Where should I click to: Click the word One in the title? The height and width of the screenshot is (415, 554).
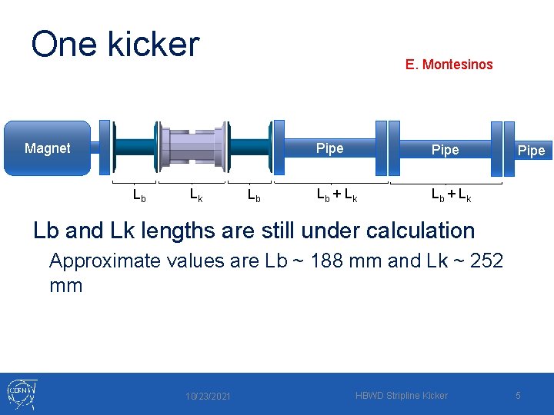coord(62,45)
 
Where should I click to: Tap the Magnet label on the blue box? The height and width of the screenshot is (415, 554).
coord(47,148)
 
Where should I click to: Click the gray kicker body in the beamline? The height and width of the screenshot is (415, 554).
coord(192,147)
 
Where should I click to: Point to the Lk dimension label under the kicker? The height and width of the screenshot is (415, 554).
coord(196,195)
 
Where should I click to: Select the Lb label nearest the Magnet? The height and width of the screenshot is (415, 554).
coord(139,195)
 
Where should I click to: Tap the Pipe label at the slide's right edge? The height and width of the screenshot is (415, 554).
coord(531,151)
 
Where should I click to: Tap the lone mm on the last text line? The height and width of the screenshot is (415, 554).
coord(65,287)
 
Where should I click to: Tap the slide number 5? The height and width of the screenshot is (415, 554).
coord(518,396)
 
